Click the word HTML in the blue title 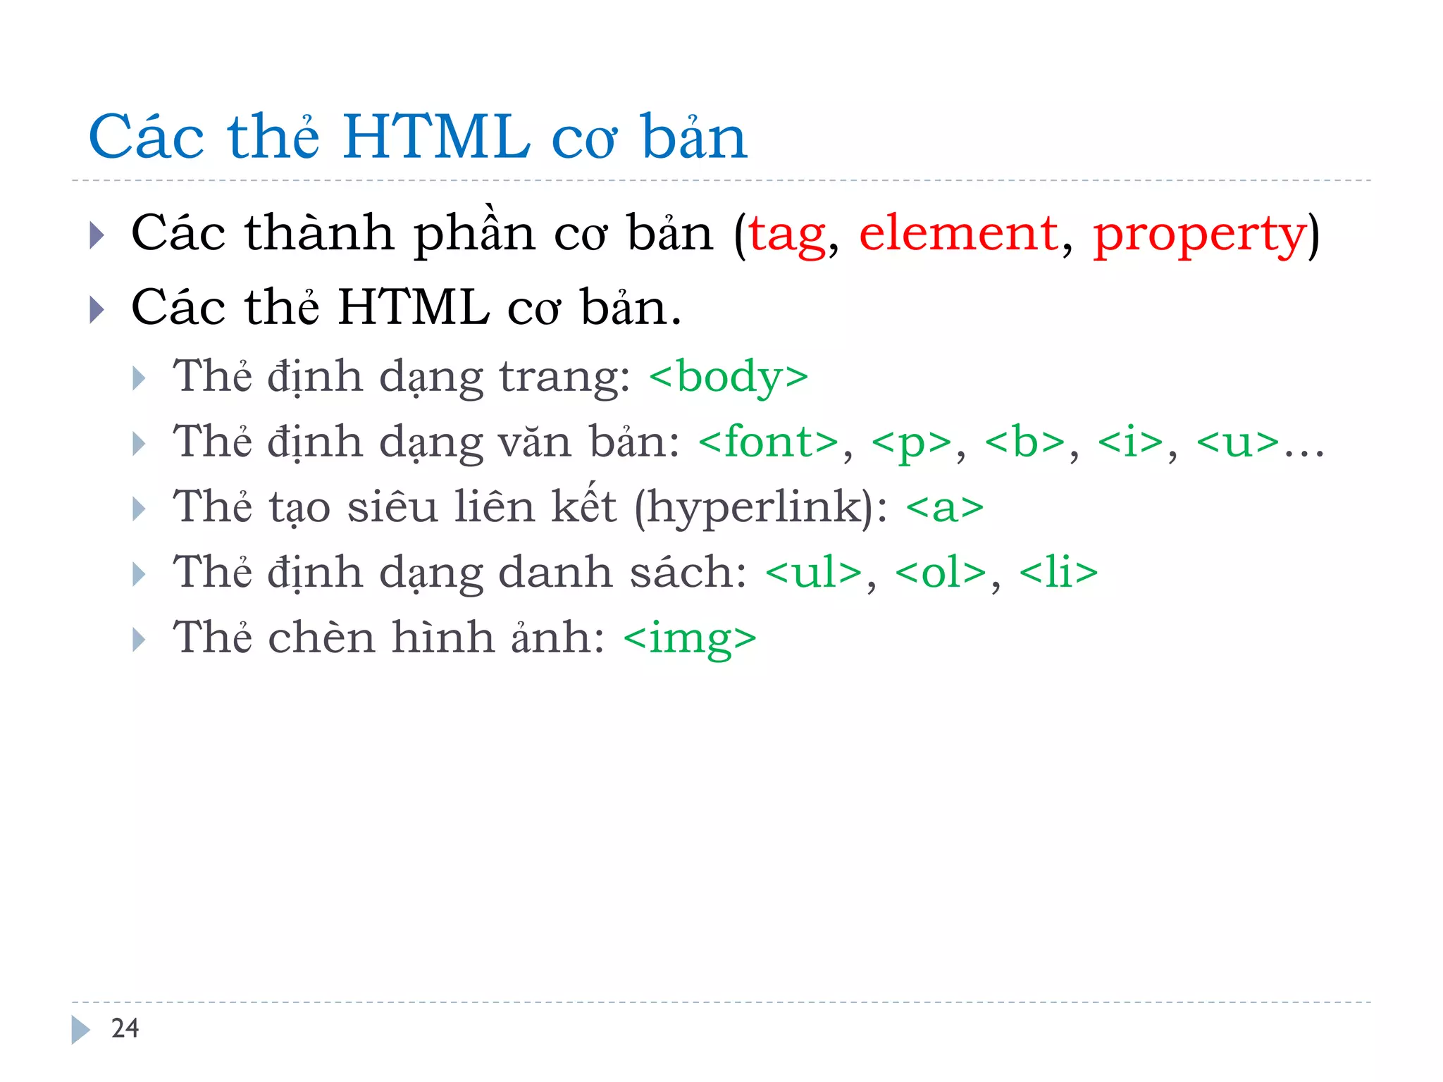pyautogui.click(x=436, y=137)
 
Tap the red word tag pyautogui.click(x=787, y=235)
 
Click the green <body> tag pyautogui.click(x=729, y=377)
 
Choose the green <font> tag pyautogui.click(x=769, y=442)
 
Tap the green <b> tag pyautogui.click(x=1025, y=442)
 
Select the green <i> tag pyautogui.click(x=1131, y=442)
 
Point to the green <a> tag pyautogui.click(x=945, y=508)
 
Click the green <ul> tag pyautogui.click(x=814, y=572)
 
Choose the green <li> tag pyautogui.click(x=1058, y=572)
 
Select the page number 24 pyautogui.click(x=125, y=1028)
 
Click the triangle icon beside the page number pyautogui.click(x=80, y=1030)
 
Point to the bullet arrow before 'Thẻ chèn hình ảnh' pyautogui.click(x=139, y=640)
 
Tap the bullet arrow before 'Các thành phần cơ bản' pyautogui.click(x=97, y=235)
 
